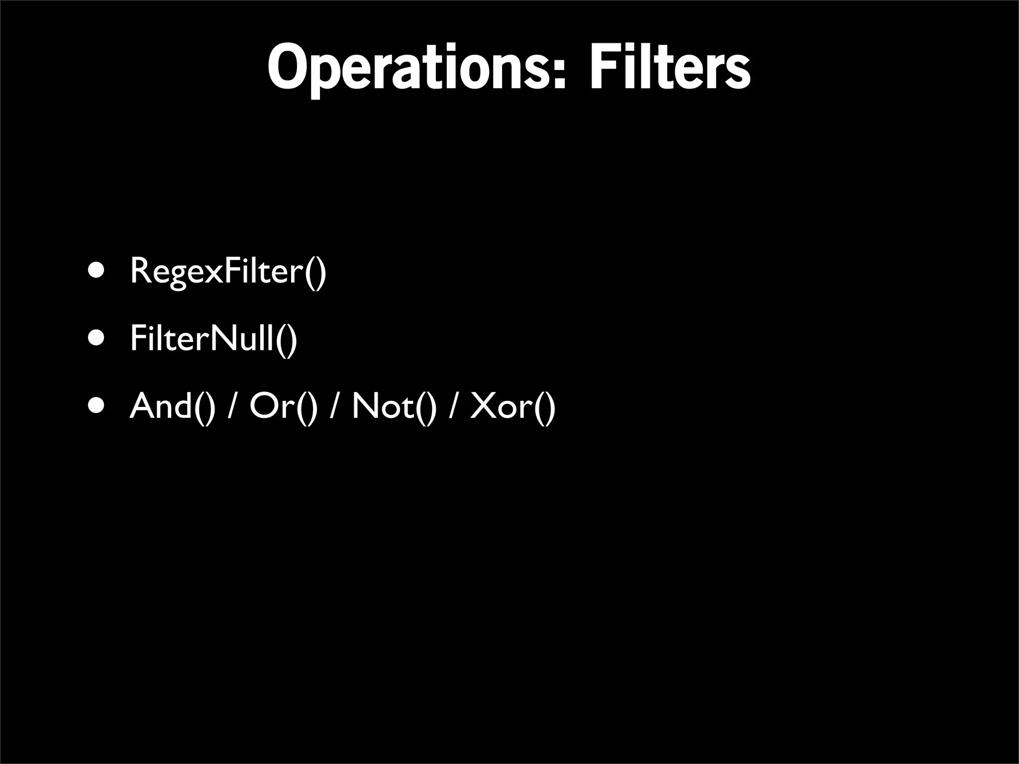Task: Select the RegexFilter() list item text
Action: point(228,271)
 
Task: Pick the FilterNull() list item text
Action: point(213,339)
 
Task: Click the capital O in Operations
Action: point(288,67)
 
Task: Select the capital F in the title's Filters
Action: point(602,67)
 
